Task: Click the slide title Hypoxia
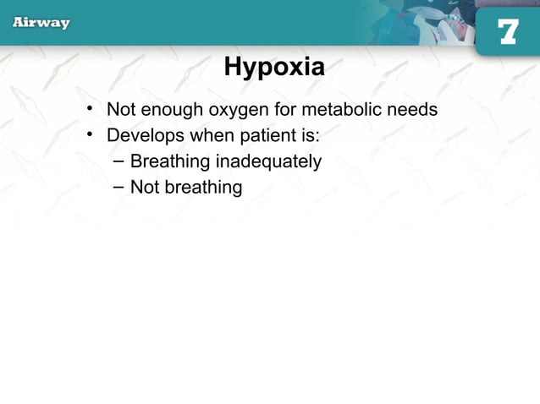click(273, 68)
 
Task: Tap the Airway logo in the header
click(41, 23)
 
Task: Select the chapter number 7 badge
click(507, 31)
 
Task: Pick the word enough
click(167, 110)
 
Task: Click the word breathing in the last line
click(203, 188)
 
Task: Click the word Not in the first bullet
click(120, 110)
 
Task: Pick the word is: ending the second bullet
click(308, 135)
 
